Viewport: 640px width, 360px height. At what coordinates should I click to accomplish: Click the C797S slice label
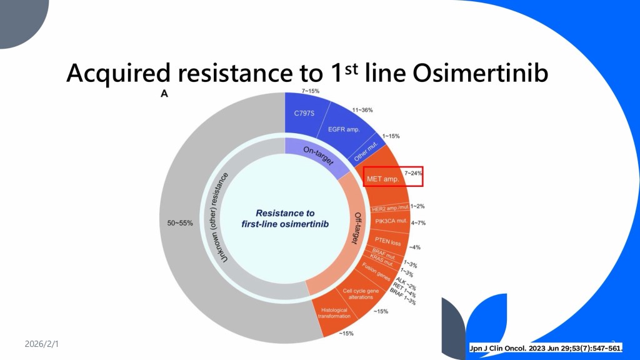(304, 113)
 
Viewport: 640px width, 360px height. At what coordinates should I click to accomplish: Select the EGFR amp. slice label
(344, 129)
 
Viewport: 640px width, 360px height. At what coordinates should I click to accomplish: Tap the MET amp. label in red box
(383, 179)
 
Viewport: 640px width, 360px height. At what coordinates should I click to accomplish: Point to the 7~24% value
(413, 173)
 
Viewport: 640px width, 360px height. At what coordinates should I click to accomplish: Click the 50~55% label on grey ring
(180, 223)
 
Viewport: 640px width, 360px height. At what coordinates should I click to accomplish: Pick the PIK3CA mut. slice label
(391, 221)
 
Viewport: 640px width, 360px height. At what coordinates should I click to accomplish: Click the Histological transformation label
(334, 313)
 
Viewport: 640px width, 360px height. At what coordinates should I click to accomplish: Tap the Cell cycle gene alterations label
(361, 294)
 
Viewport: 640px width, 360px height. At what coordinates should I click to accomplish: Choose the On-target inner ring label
(318, 156)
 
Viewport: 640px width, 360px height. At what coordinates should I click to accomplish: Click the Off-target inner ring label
(356, 228)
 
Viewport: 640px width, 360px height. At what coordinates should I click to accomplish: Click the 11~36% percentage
(362, 110)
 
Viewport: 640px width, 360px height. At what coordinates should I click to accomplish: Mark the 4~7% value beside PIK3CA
(418, 223)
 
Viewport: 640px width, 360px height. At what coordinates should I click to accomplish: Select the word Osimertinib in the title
(480, 73)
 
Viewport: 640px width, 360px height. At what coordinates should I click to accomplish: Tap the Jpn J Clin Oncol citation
(546, 348)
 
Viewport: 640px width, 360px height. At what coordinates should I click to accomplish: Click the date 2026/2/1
(42, 344)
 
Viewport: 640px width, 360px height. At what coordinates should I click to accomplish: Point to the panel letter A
(164, 94)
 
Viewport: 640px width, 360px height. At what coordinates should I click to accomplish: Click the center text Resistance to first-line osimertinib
(285, 218)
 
